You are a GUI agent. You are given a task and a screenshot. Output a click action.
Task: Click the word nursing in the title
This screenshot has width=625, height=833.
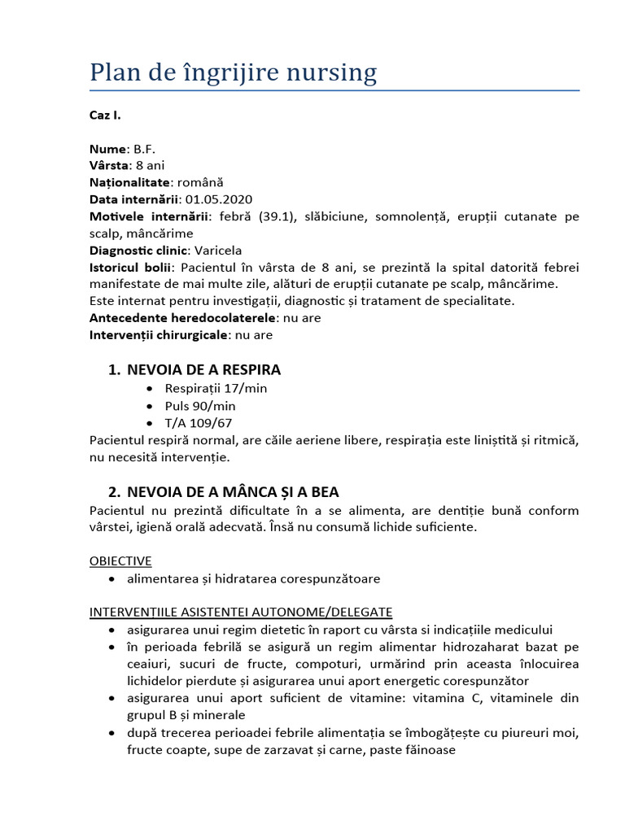click(x=332, y=73)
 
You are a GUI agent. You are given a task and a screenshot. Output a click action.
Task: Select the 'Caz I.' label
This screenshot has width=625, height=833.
click(x=105, y=115)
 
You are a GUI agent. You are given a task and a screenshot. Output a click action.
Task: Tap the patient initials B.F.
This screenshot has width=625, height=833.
click(x=144, y=149)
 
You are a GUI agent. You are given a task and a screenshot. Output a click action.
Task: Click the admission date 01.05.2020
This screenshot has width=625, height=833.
click(x=219, y=199)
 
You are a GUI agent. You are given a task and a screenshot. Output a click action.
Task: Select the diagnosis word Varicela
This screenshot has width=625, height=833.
click(x=219, y=251)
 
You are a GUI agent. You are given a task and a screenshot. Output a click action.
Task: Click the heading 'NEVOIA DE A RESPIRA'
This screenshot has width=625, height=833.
click(x=203, y=370)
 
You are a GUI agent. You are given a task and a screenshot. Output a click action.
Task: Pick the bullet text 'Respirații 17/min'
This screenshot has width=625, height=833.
click(x=216, y=388)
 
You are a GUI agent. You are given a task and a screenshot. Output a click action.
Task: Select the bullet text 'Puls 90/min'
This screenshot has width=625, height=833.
click(x=199, y=406)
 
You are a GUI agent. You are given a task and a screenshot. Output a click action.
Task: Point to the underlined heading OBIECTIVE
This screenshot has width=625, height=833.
click(x=120, y=561)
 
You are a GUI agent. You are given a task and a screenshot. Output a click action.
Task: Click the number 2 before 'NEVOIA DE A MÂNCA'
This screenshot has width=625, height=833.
click(x=113, y=492)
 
